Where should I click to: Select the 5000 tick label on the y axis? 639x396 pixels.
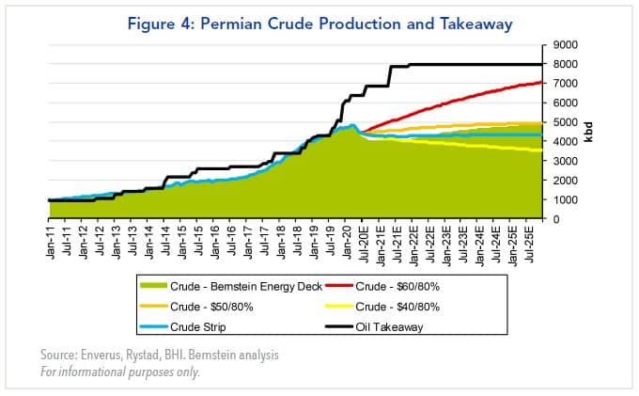(565, 122)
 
